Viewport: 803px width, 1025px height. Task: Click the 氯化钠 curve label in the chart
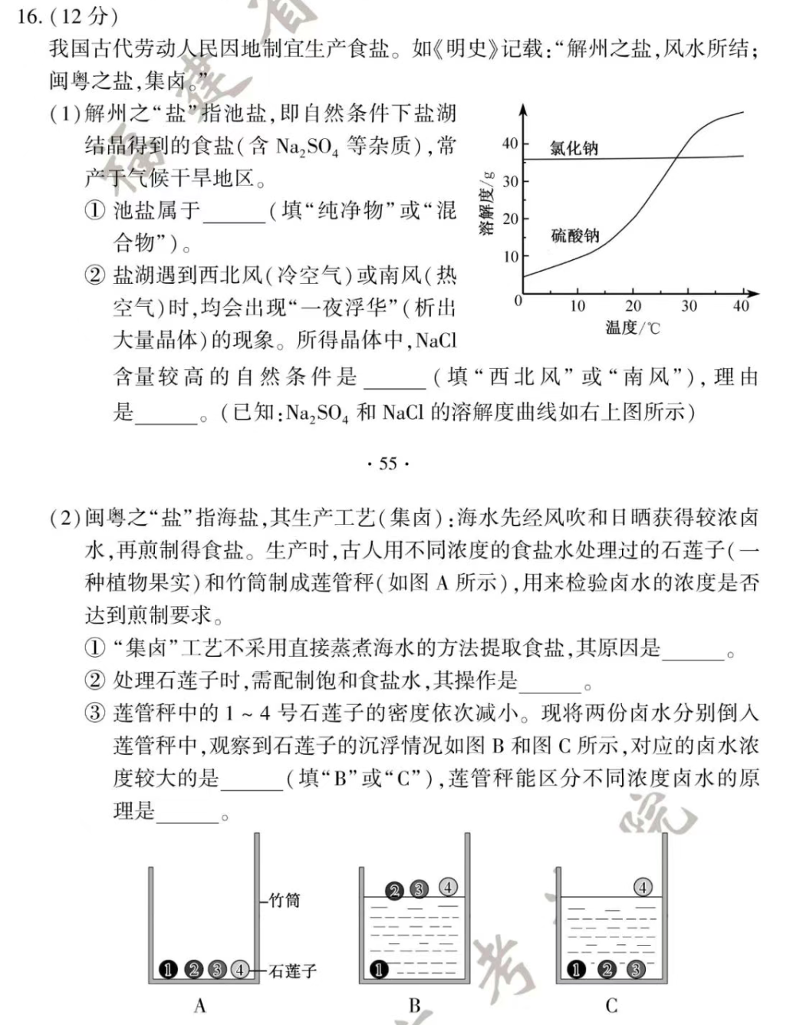[x=574, y=148]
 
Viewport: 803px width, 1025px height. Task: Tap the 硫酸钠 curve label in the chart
[x=574, y=236]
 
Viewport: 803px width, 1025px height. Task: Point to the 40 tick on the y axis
[x=510, y=143]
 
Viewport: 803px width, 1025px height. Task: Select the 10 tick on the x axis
[x=578, y=306]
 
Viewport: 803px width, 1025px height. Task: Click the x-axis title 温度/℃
[x=633, y=328]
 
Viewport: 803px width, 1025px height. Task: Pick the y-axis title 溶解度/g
[x=487, y=203]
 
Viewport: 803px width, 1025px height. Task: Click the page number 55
[x=388, y=463]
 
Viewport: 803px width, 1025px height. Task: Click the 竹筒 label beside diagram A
[x=284, y=900]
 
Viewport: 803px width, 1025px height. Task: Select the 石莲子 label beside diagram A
[x=292, y=971]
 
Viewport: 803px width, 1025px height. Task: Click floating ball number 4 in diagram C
[x=643, y=887]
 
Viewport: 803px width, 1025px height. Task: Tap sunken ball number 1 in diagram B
[x=378, y=970]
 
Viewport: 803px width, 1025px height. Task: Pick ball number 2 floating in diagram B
[x=394, y=890]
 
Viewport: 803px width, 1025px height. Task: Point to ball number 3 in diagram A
[x=217, y=970]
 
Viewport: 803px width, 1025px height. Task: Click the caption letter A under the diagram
[x=200, y=1005]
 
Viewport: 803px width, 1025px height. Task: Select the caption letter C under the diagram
[x=611, y=1005]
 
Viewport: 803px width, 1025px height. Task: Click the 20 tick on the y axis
[x=510, y=219]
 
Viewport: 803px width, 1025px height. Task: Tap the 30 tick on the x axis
[x=689, y=306]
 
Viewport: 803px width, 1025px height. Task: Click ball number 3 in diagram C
[x=635, y=970]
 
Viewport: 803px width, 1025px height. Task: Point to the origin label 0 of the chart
[x=518, y=301]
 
